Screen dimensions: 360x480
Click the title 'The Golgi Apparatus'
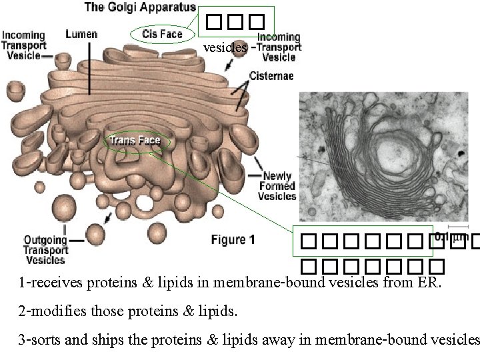(x=140, y=8)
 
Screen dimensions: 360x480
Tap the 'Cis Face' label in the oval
(x=162, y=33)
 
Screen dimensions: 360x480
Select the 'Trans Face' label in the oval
(x=135, y=140)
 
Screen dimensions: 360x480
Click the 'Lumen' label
(x=82, y=33)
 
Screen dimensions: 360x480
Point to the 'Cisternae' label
(x=271, y=76)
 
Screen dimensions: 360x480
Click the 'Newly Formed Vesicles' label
(x=277, y=186)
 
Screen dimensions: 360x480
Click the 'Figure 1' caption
(x=232, y=241)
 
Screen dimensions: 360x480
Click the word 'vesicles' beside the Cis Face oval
(x=225, y=48)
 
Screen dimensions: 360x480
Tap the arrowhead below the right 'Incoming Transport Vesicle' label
(x=230, y=67)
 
